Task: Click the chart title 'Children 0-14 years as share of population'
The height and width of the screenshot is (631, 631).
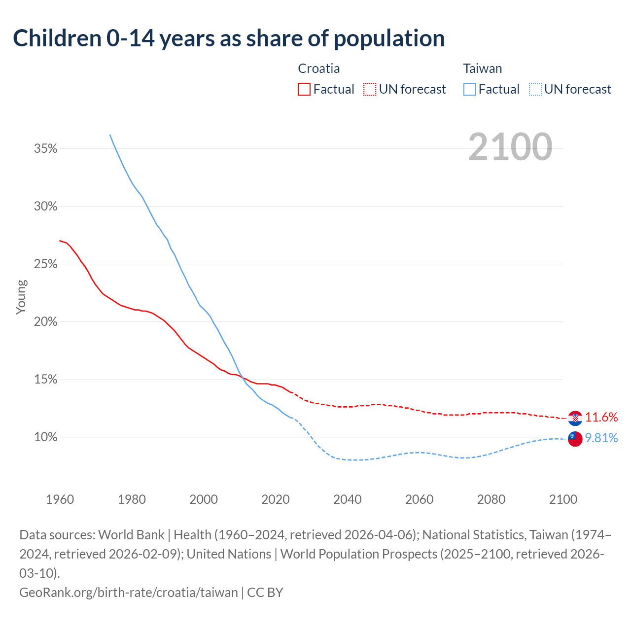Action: (229, 38)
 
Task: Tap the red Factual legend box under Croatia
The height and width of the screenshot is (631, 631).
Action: (304, 89)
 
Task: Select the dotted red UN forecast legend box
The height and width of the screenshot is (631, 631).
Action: (370, 89)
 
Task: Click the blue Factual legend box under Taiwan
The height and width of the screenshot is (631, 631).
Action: (470, 89)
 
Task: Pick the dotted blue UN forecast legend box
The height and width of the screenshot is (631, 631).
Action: (535, 89)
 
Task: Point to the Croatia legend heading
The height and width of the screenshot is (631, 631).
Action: (319, 69)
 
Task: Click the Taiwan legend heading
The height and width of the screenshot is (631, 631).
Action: (483, 69)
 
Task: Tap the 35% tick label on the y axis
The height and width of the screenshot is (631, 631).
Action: (46, 148)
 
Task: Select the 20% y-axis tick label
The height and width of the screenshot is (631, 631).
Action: (46, 322)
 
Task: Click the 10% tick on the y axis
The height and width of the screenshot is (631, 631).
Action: (46, 437)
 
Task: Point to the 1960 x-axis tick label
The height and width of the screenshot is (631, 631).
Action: (60, 499)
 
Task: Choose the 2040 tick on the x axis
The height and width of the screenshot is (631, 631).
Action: (348, 499)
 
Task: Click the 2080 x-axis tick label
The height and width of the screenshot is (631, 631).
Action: (491, 499)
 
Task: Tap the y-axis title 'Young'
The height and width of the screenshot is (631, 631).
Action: (21, 297)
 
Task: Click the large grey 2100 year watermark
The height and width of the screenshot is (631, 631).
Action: (510, 147)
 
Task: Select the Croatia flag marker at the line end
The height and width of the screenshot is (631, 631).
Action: (575, 418)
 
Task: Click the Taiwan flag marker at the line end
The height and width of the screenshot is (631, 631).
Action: (575, 439)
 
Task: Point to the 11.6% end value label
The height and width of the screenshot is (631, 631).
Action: (601, 418)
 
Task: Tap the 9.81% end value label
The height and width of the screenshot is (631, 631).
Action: (601, 438)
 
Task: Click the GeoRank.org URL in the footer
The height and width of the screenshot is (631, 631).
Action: (128, 592)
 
